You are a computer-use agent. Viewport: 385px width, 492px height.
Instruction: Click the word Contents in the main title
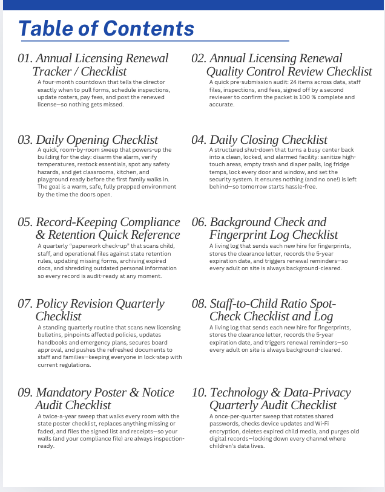tap(149, 28)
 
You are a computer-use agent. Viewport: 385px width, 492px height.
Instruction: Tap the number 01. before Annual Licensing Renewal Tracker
tap(25, 59)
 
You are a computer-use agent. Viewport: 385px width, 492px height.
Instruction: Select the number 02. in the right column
tap(199, 59)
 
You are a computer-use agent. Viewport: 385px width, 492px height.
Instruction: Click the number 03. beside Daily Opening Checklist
tap(25, 140)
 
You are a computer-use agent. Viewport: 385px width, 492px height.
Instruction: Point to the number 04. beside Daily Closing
tap(199, 140)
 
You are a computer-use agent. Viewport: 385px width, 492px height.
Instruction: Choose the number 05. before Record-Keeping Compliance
tap(25, 222)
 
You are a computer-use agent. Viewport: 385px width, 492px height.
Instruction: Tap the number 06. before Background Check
tap(199, 222)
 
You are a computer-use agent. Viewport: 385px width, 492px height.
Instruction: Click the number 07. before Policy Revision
tap(25, 303)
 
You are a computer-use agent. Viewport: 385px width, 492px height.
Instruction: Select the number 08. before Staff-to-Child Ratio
tap(199, 303)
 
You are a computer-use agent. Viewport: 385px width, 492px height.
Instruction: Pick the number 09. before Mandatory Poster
tap(25, 393)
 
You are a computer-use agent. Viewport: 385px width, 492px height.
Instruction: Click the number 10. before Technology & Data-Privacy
tap(199, 393)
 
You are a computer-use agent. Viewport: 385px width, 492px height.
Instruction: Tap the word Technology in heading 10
tap(241, 393)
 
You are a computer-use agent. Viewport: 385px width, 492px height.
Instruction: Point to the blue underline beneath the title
tap(155, 41)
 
